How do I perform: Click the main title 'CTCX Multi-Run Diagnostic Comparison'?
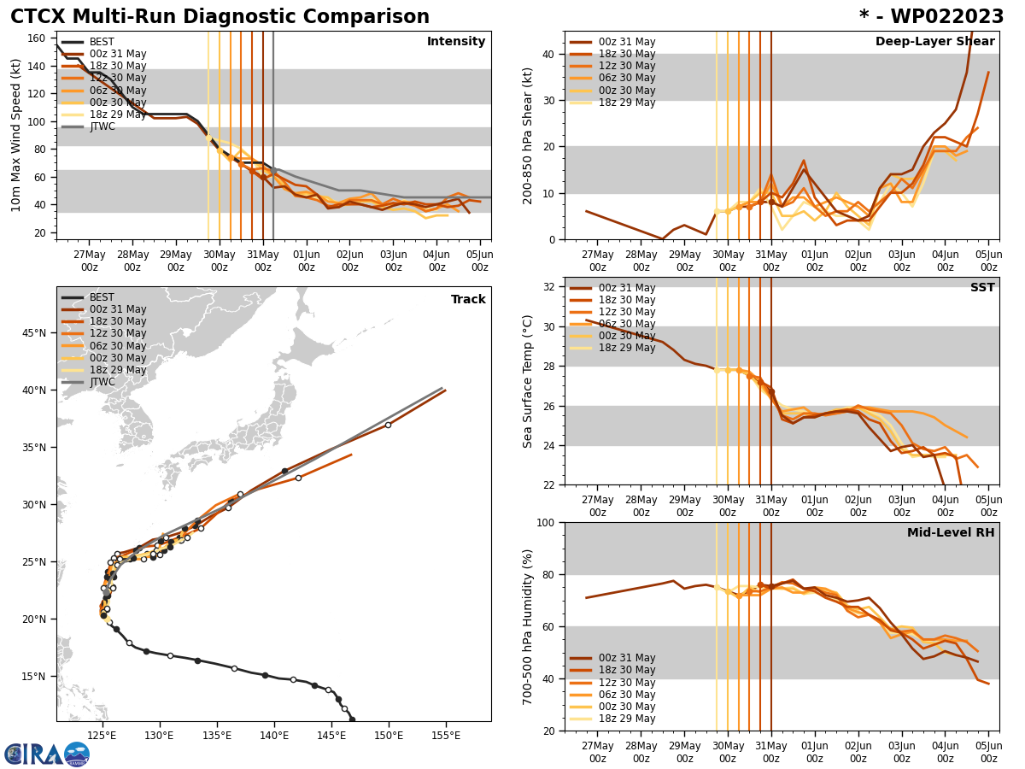tap(220, 17)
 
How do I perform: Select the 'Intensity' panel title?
tap(456, 42)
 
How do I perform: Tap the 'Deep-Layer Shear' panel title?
tap(934, 42)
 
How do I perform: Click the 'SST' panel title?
tap(981, 288)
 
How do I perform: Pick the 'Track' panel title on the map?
tap(468, 300)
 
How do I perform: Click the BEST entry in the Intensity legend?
tap(102, 42)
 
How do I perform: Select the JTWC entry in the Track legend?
tap(102, 382)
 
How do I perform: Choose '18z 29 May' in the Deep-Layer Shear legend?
tap(626, 103)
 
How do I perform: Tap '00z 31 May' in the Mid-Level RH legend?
tap(626, 658)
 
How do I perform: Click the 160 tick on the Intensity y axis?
tap(37, 38)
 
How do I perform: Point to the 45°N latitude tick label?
tap(35, 333)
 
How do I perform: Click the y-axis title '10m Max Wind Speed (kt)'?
tap(15, 135)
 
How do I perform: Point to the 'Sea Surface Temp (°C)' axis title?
tap(528, 381)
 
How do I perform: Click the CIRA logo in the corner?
tap(47, 754)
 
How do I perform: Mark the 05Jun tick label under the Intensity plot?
tap(480, 261)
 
